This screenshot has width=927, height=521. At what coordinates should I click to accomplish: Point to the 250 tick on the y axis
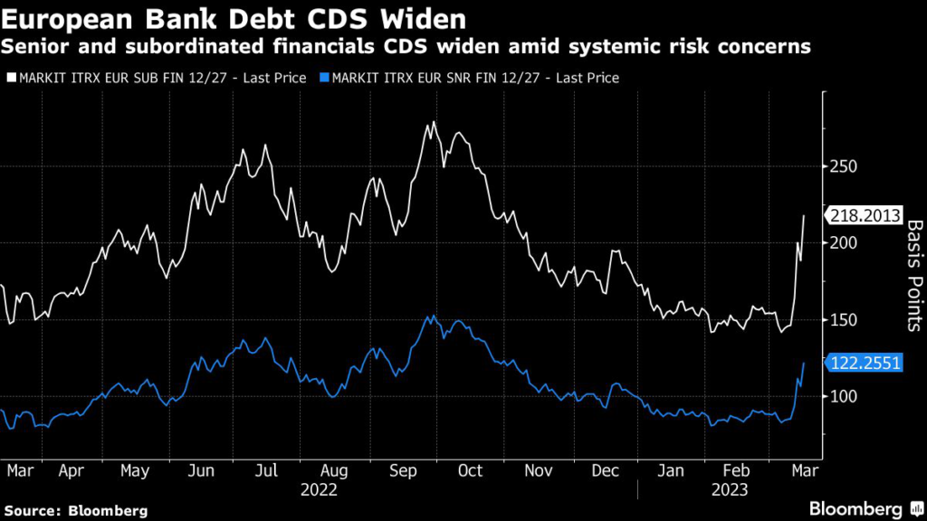tap(844, 166)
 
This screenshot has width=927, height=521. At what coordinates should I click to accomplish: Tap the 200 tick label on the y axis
tap(844, 243)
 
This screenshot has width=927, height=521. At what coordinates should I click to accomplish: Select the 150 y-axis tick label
tap(844, 320)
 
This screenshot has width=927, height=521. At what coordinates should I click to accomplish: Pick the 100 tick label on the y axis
tap(844, 397)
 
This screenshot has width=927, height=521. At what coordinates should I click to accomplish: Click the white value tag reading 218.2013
tap(868, 215)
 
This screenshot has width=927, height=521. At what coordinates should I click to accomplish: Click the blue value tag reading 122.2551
tap(868, 363)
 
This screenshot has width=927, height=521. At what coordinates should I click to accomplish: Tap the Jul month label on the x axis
tap(265, 471)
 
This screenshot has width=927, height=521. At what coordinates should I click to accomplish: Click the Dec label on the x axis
tap(605, 471)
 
